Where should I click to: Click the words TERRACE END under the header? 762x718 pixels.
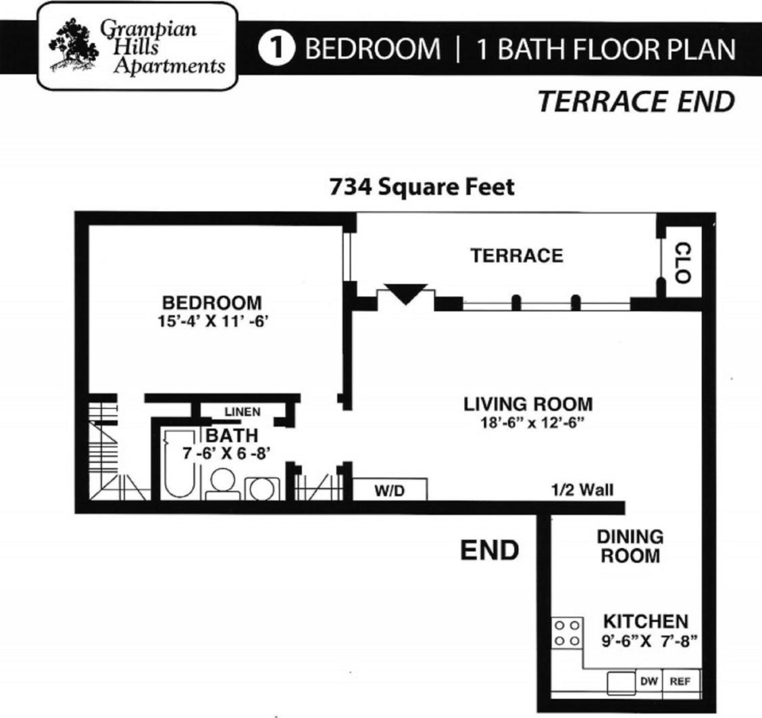pyautogui.click(x=635, y=103)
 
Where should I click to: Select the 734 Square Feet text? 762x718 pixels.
pyautogui.click(x=422, y=186)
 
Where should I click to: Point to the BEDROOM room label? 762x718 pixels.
pyautogui.click(x=211, y=302)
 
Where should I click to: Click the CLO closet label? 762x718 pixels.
pyautogui.click(x=682, y=263)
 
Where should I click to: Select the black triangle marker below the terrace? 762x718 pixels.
pyautogui.click(x=405, y=294)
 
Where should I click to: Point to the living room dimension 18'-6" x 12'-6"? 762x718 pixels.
pyautogui.click(x=528, y=424)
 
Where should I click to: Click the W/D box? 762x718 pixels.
pyautogui.click(x=389, y=489)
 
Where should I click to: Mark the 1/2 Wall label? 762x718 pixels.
pyautogui.click(x=582, y=489)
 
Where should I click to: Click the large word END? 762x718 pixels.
pyautogui.click(x=489, y=550)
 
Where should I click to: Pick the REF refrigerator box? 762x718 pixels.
pyautogui.click(x=680, y=682)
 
